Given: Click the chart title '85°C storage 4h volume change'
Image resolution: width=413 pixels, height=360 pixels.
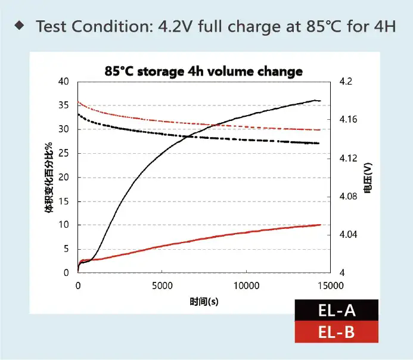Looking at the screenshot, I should coord(203,72).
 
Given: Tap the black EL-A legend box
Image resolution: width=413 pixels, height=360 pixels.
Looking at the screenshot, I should coord(336,311).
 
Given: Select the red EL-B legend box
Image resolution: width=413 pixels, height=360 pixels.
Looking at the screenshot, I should coord(336,332).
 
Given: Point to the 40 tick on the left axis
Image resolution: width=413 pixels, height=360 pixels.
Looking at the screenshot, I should coord(64,82).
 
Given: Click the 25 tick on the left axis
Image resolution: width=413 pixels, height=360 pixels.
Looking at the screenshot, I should coord(64,153).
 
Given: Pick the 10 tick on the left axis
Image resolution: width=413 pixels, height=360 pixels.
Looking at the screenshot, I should coord(64,225).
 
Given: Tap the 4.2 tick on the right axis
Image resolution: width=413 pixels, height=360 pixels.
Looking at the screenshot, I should coord(346,82).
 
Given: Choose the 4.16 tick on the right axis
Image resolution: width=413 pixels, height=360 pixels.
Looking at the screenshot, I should coord(349,120).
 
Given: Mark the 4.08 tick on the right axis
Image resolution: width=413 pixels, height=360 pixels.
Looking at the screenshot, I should coord(349,196).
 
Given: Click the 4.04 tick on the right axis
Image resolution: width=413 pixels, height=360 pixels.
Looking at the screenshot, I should coord(349,235).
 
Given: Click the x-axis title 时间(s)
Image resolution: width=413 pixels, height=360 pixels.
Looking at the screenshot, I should coord(204,301).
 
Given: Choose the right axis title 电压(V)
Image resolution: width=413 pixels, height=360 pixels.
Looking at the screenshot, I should coord(368,178).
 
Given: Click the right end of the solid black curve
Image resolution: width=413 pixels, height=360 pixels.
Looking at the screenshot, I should coord(320,101).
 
